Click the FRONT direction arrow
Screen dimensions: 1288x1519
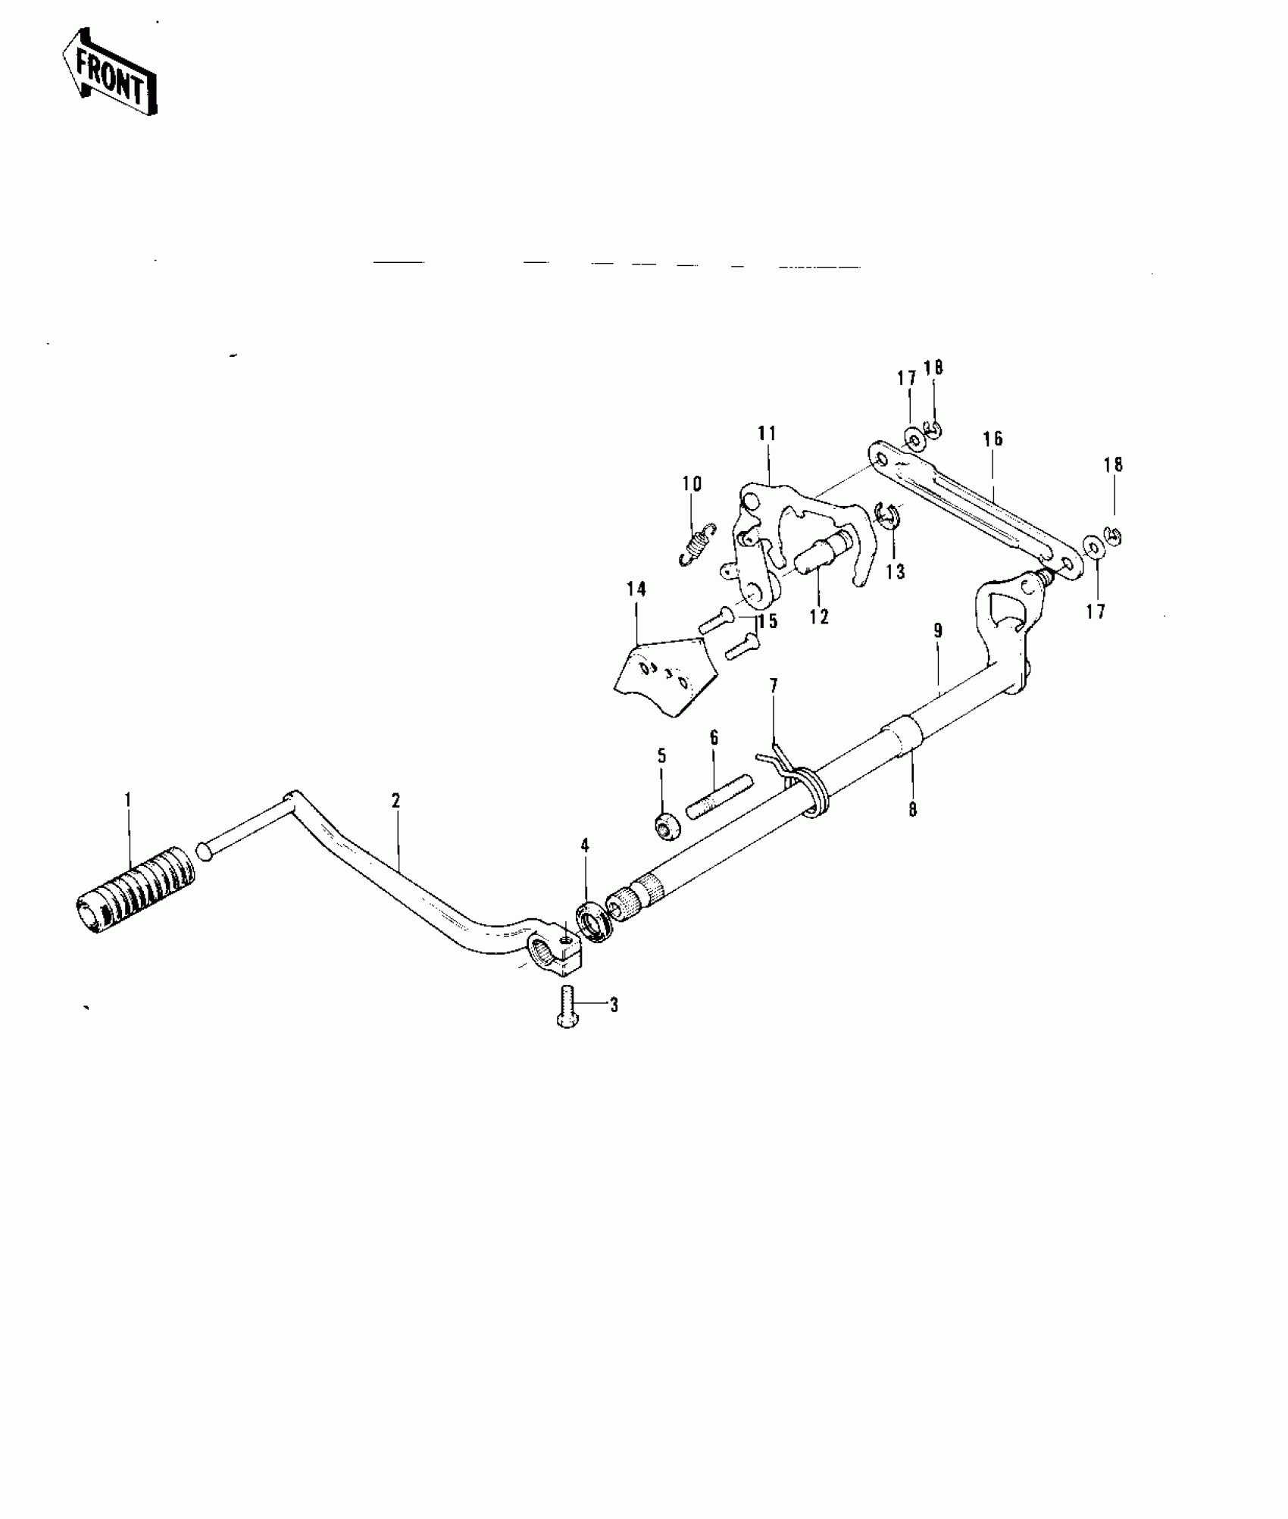tap(110, 71)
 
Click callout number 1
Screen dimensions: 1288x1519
tap(128, 799)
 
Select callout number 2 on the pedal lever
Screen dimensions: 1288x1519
tap(395, 800)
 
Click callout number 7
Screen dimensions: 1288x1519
tap(774, 686)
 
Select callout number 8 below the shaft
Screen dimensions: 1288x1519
tap(913, 810)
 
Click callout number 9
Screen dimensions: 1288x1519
tap(938, 630)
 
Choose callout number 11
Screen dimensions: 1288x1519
tap(767, 434)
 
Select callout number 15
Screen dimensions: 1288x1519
tap(768, 622)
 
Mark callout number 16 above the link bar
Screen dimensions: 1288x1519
tap(993, 439)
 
